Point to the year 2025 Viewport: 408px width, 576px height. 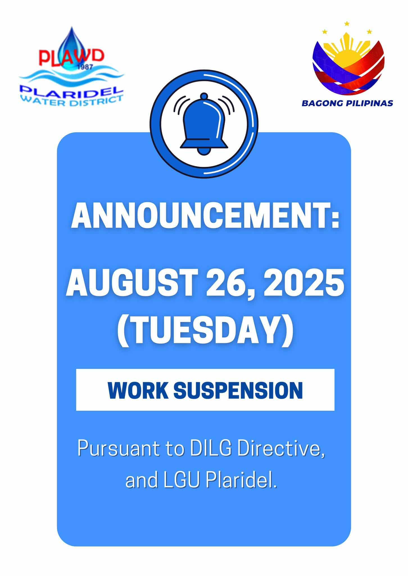(303, 283)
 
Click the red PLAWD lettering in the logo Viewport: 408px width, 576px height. (71, 56)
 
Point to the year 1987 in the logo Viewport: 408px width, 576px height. (84, 67)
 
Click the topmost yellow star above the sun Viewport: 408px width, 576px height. (347, 23)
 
